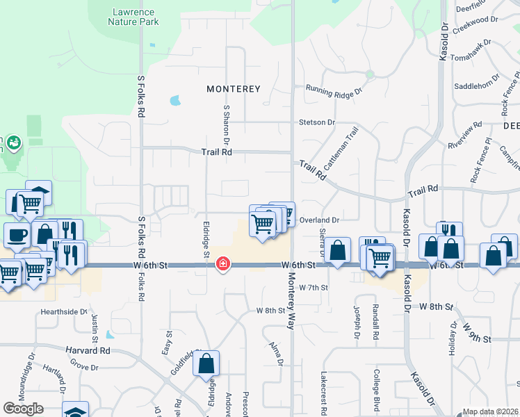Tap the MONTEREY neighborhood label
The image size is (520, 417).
click(234, 89)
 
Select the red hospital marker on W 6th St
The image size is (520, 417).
click(222, 264)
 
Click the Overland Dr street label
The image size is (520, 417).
click(318, 220)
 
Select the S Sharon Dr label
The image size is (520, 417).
click(226, 121)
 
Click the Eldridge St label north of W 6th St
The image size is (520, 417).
click(206, 239)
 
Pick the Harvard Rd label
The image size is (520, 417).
click(88, 351)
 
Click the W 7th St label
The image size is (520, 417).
click(314, 287)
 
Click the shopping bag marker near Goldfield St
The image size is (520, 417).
click(206, 363)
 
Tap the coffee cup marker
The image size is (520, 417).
click(17, 235)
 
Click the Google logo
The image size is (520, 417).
click(23, 409)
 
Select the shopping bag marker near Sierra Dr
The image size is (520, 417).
click(338, 251)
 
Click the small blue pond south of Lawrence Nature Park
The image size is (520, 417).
click(174, 101)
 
